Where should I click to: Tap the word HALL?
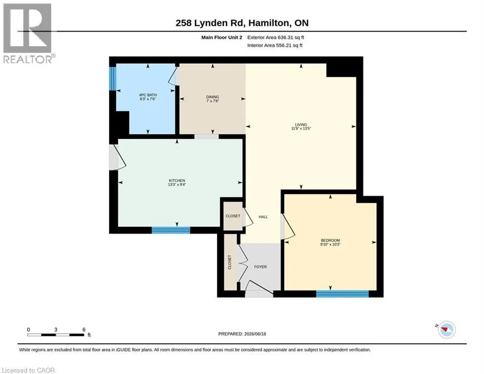pyautogui.click(x=263, y=217)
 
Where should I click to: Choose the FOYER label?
pyautogui.click(x=261, y=267)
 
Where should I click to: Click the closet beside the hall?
pyautogui.click(x=233, y=216)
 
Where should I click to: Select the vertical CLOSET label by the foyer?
pyautogui.click(x=230, y=262)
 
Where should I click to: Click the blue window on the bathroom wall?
pyautogui.click(x=113, y=78)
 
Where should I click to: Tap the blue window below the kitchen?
pyautogui.click(x=171, y=230)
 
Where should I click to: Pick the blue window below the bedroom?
pyautogui.click(x=342, y=294)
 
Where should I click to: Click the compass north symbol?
pyautogui.click(x=446, y=330)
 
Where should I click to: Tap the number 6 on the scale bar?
pyautogui.click(x=84, y=330)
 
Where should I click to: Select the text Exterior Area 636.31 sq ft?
pyautogui.click(x=276, y=37)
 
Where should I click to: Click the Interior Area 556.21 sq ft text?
pyautogui.click(x=275, y=45)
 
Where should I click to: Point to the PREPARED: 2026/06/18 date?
pyautogui.click(x=242, y=334)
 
